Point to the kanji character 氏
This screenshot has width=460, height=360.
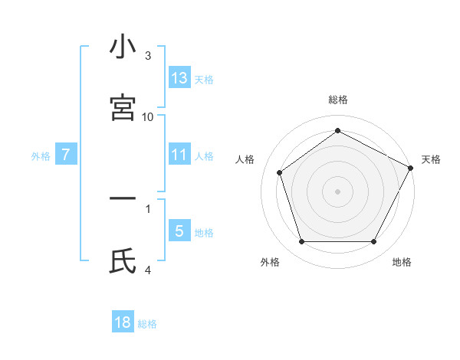[123, 261]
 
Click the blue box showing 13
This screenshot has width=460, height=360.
[179, 77]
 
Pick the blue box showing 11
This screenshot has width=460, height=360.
[179, 155]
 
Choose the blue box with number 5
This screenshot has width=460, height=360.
[179, 231]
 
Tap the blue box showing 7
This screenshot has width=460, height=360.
[66, 155]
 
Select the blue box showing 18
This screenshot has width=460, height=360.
[123, 322]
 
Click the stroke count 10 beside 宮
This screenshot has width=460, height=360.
[148, 116]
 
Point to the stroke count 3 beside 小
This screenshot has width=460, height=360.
[148, 55]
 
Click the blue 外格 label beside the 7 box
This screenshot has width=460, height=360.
[41, 155]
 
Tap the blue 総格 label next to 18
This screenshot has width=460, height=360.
[147, 324]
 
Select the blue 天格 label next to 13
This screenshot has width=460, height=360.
[204, 79]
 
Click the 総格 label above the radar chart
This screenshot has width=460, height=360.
[338, 100]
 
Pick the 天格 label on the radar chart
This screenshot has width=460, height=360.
[431, 159]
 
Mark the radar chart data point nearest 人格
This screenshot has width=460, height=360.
[280, 172]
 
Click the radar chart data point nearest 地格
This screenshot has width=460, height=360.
[373, 242]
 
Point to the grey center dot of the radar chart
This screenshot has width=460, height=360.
[338, 191]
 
